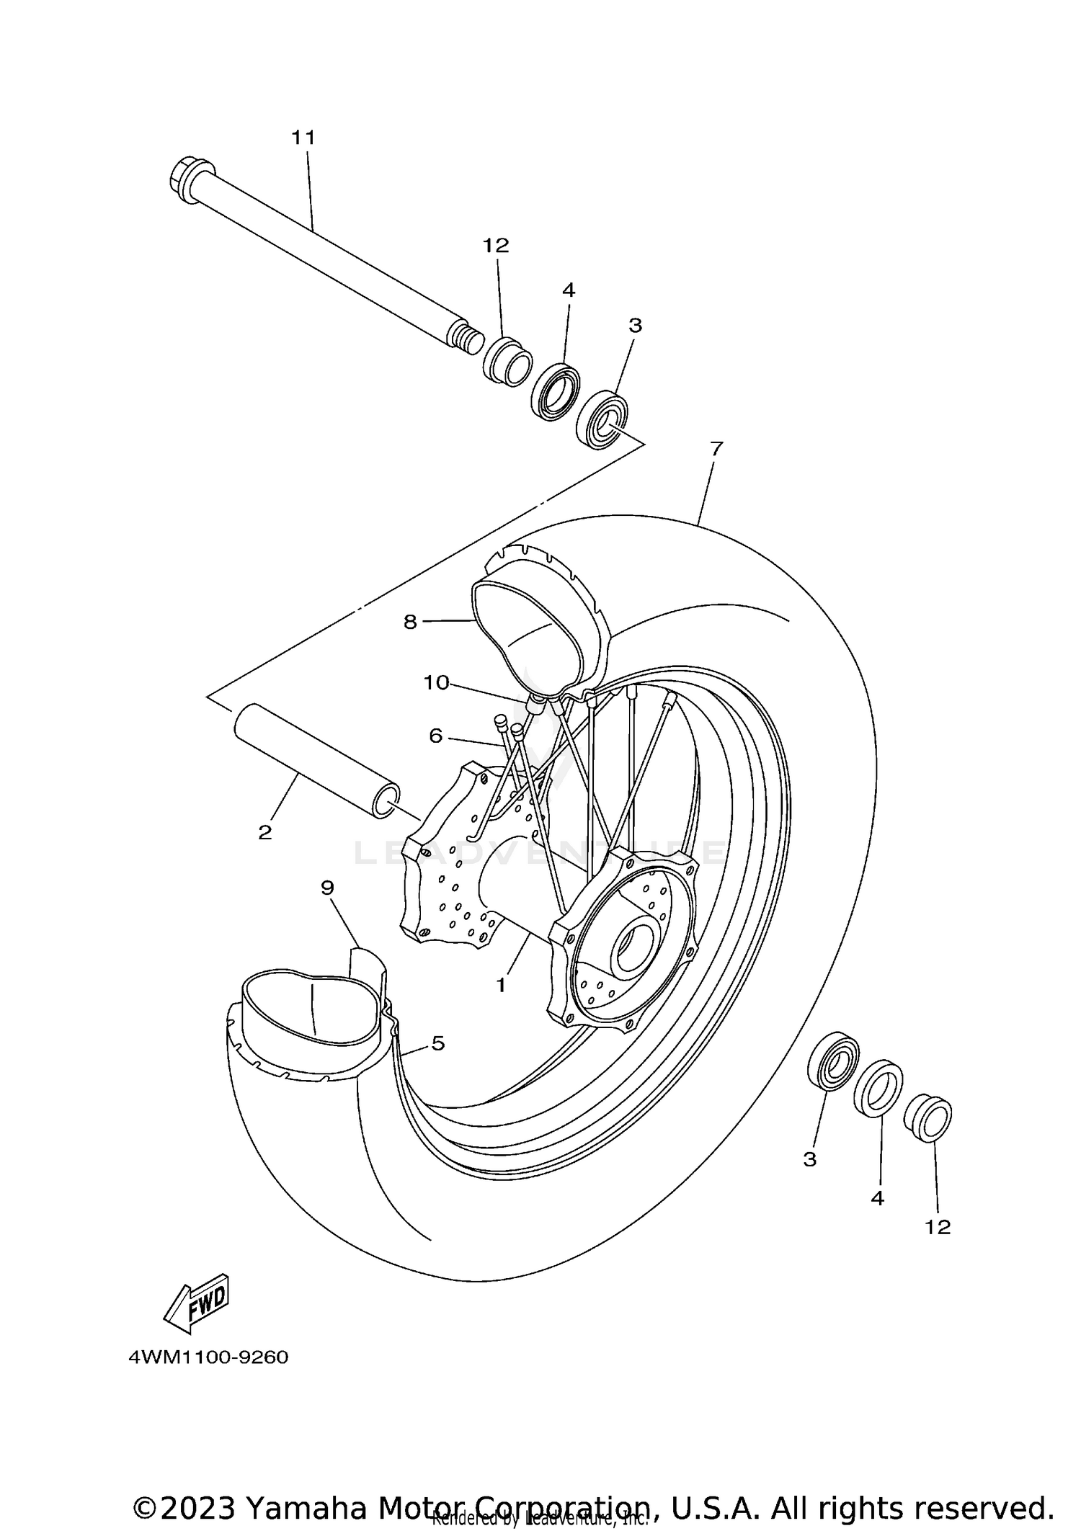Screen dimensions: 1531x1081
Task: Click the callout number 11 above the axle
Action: [x=303, y=137]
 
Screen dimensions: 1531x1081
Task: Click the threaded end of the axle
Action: [x=467, y=339]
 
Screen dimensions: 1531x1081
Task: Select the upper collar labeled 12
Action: [x=507, y=362]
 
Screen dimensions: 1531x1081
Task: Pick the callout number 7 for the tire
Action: [x=716, y=449]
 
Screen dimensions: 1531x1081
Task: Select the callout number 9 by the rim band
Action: [x=327, y=888]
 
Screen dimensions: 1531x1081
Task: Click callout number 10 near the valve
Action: [x=437, y=682]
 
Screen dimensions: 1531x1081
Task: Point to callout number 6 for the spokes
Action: [x=435, y=736]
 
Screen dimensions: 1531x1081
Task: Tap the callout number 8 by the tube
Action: [x=410, y=622]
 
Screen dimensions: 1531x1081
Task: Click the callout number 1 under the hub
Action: [x=502, y=984]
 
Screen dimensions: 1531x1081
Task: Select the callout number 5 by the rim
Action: [x=438, y=1043]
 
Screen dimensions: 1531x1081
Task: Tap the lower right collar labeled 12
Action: [x=928, y=1118]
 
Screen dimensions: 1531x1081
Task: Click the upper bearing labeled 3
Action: [x=602, y=419]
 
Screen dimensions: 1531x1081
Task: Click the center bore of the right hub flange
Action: [x=634, y=948]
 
